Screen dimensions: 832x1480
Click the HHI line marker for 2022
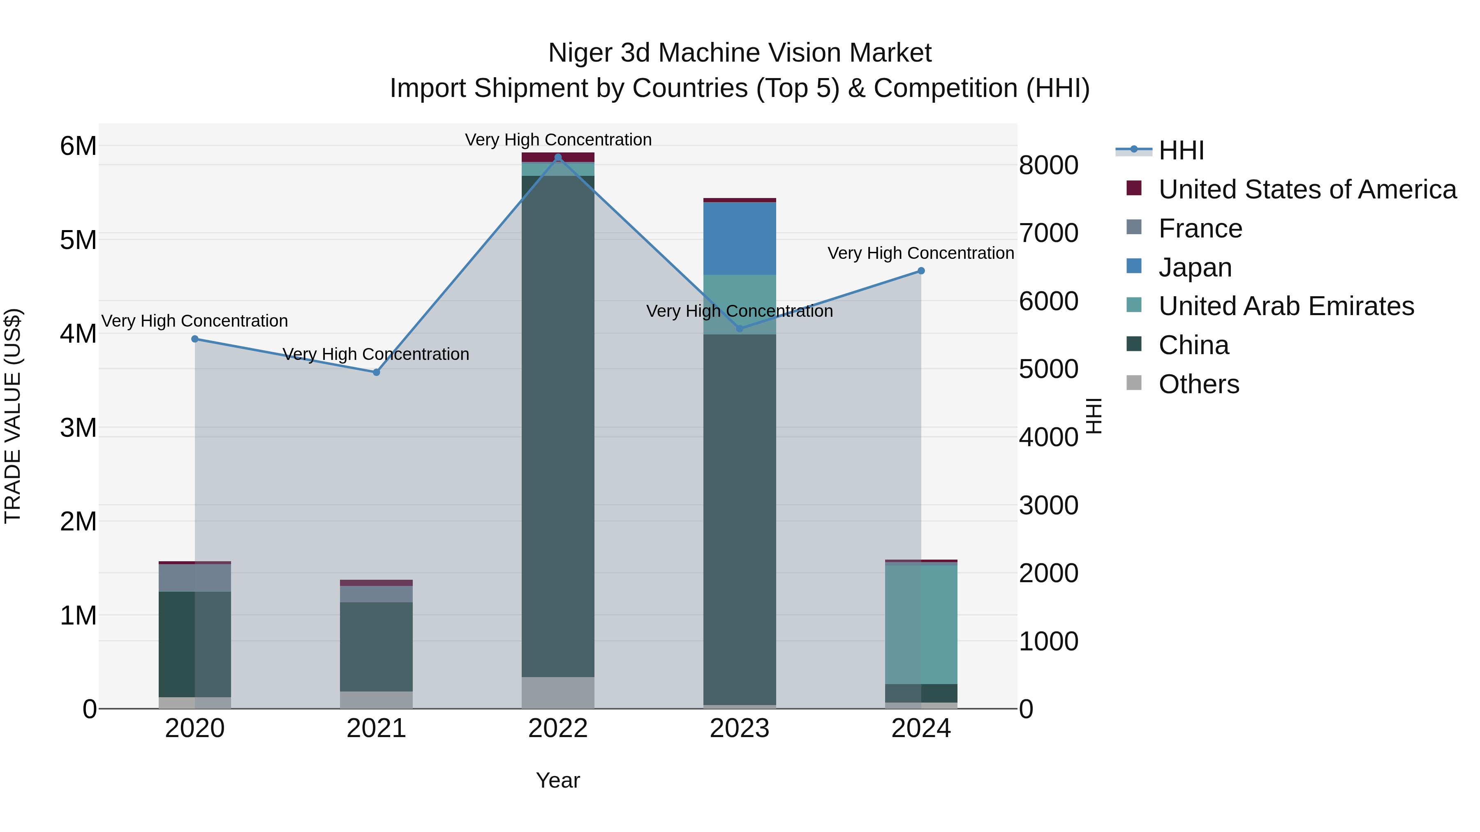click(x=558, y=157)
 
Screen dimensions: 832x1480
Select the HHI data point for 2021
click(x=376, y=372)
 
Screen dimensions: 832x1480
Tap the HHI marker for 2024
click(x=921, y=270)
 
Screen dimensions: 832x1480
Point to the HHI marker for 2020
click(x=195, y=339)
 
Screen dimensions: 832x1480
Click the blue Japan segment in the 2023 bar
click(x=740, y=238)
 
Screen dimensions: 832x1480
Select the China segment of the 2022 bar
click(x=558, y=425)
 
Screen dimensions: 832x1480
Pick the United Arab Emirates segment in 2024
click(x=921, y=624)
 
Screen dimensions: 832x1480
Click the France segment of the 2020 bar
click(x=195, y=578)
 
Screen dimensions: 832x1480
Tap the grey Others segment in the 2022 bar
click(x=558, y=692)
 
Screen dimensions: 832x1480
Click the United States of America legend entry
click(x=1307, y=189)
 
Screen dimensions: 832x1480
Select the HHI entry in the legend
click(x=1181, y=150)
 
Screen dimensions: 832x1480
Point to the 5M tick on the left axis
click(x=78, y=240)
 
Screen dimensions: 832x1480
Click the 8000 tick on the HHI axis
click(x=1048, y=165)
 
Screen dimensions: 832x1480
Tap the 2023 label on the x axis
click(x=740, y=728)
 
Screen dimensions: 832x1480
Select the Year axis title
click(x=558, y=780)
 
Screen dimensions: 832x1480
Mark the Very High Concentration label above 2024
click(x=920, y=253)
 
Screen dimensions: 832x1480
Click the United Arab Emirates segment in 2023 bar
click(x=740, y=304)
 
